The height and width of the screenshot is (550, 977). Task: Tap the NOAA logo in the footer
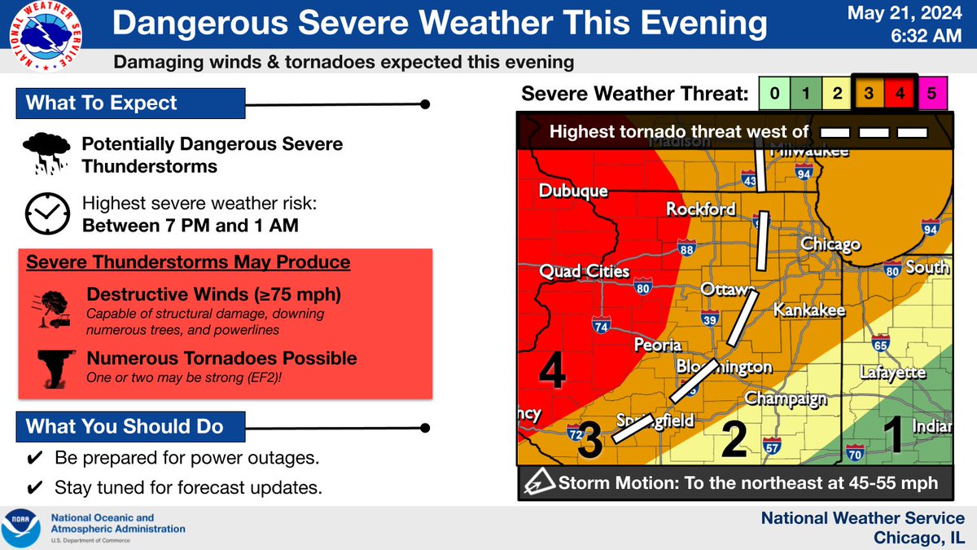tap(23, 528)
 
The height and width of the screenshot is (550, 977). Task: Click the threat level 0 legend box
tap(774, 95)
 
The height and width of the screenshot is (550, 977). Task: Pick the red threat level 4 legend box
tap(900, 95)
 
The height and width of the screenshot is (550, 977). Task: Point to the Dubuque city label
tap(572, 191)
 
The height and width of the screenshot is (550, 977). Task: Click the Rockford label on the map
tap(700, 209)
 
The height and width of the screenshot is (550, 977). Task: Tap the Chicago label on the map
tap(830, 244)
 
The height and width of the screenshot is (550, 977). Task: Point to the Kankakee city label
tap(808, 310)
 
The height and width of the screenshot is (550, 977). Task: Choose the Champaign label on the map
tap(786, 398)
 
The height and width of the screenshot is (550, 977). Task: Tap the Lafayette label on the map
tap(893, 372)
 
